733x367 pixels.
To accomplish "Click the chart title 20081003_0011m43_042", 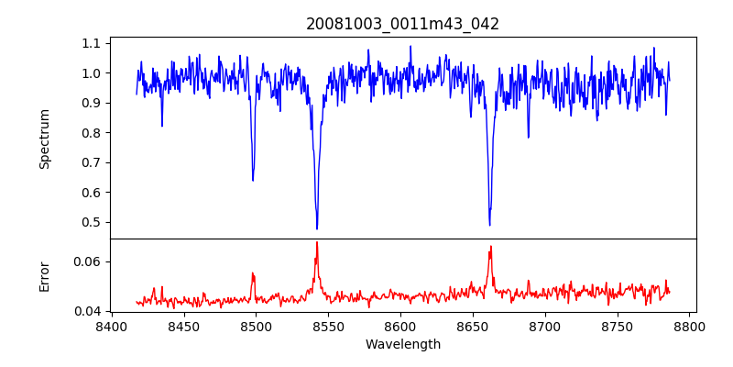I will point(402,24).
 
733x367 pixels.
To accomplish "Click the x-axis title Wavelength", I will point(402,344).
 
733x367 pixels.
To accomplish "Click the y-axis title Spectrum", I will point(44,139).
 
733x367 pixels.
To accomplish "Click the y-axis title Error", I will point(44,275).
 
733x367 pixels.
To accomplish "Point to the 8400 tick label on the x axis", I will point(111,326).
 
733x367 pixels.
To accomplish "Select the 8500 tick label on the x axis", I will point(256,326).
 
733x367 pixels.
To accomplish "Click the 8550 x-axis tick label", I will point(328,326).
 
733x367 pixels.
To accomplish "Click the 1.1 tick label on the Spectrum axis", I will point(92,43).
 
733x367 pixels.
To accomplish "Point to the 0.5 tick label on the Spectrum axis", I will point(92,222).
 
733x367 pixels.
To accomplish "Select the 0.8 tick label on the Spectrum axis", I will point(92,133).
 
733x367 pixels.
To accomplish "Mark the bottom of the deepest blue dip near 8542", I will point(317,228).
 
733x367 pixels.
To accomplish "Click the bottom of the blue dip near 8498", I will point(253,180).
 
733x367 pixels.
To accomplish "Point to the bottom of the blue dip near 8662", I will point(489,225).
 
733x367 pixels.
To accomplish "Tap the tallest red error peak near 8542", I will point(317,242).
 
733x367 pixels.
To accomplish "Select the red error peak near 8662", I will point(491,246).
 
